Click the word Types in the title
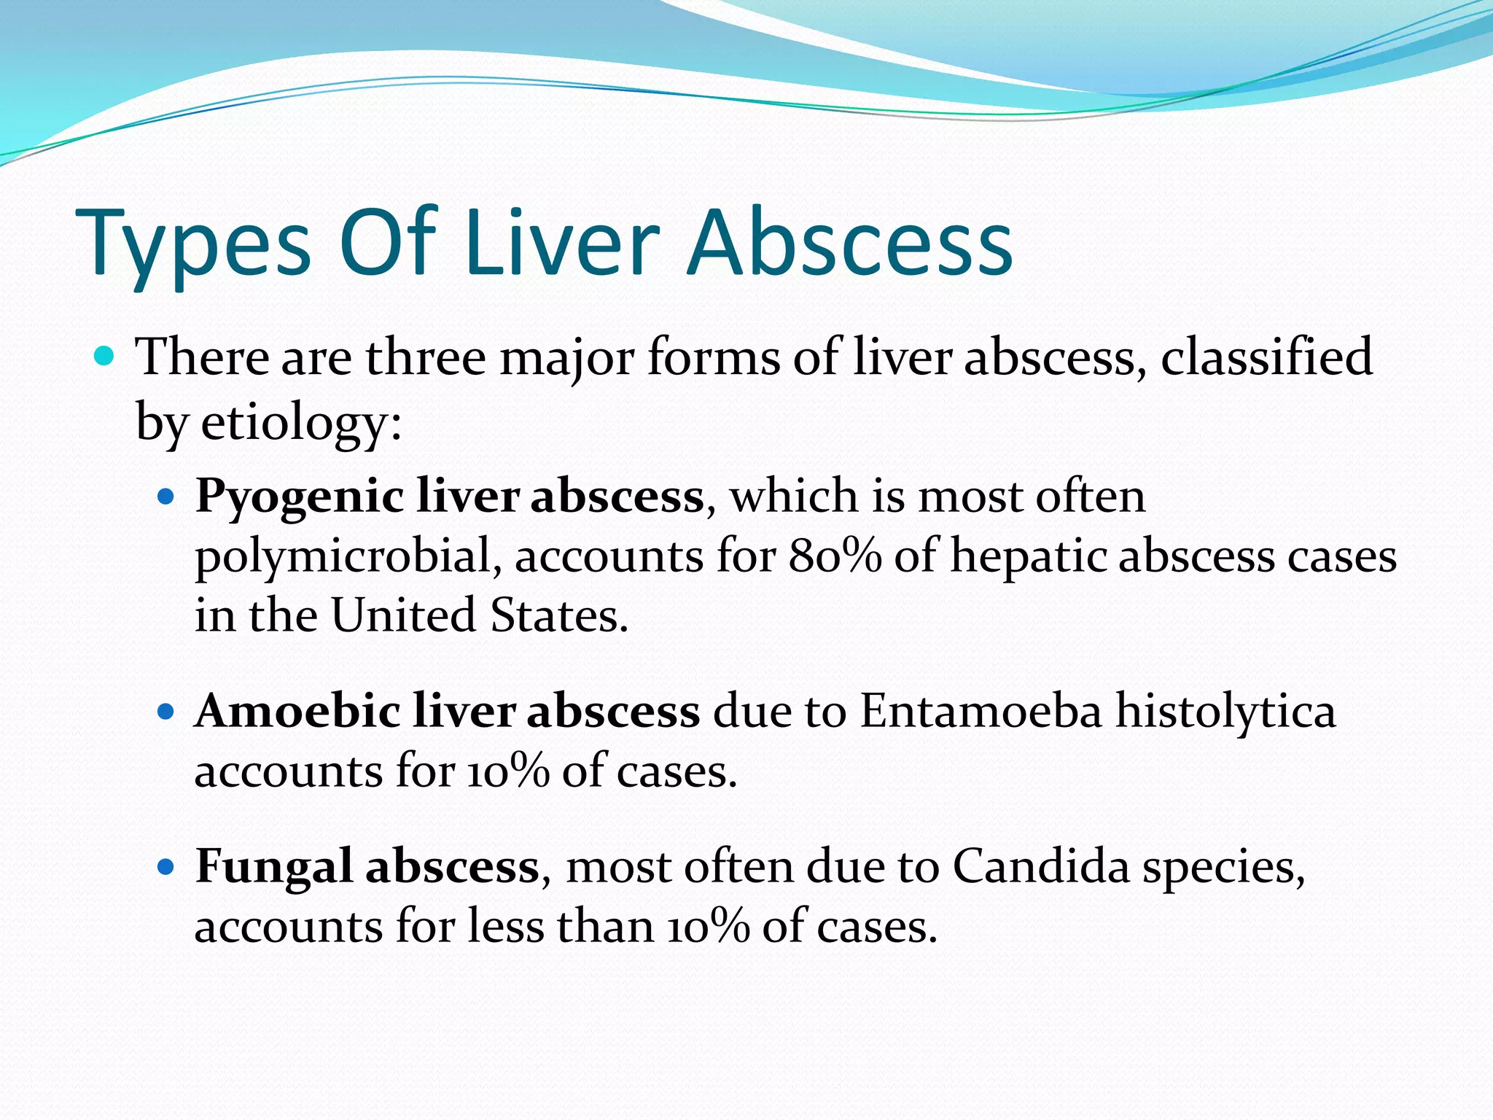[x=193, y=244]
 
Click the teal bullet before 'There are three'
[x=105, y=357]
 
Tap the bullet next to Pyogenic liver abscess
[x=167, y=498]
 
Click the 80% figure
[x=835, y=556]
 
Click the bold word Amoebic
[x=297, y=711]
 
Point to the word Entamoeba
[x=981, y=711]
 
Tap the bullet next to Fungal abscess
[x=167, y=867]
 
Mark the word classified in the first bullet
[x=1266, y=357]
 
